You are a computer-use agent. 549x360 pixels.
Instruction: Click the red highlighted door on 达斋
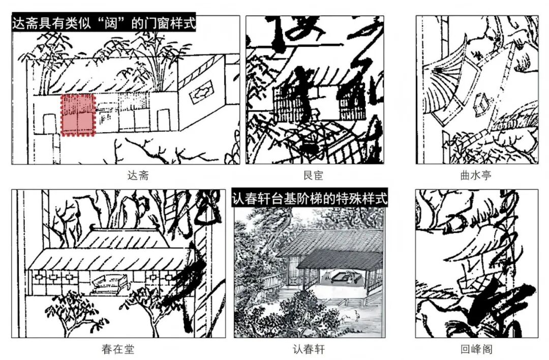pyautogui.click(x=78, y=115)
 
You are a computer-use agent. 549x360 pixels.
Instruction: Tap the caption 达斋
pyautogui.click(x=138, y=176)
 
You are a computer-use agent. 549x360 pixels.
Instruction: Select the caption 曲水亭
pyautogui.click(x=476, y=176)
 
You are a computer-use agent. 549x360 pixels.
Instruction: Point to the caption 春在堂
pyautogui.click(x=118, y=349)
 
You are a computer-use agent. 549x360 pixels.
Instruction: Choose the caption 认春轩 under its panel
pyautogui.click(x=309, y=349)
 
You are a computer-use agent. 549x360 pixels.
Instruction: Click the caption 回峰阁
pyautogui.click(x=476, y=349)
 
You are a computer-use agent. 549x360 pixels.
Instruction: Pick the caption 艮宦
pyautogui.click(x=313, y=176)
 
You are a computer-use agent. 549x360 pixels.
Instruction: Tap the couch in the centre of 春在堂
pyautogui.click(x=108, y=282)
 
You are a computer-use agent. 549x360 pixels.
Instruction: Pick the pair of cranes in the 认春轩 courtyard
pyautogui.click(x=348, y=318)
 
